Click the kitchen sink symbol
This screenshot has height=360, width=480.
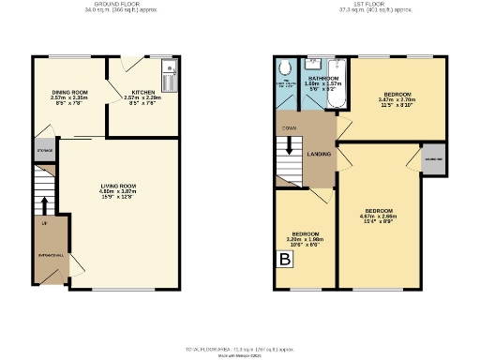coord(169,67)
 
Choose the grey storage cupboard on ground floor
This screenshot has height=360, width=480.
coord(45,150)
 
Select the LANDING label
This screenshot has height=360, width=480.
coord(319,153)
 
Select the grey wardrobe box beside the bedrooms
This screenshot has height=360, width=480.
coord(433,158)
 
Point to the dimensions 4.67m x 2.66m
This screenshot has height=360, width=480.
coord(379,216)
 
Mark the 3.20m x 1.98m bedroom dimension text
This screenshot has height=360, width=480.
coord(305,238)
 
